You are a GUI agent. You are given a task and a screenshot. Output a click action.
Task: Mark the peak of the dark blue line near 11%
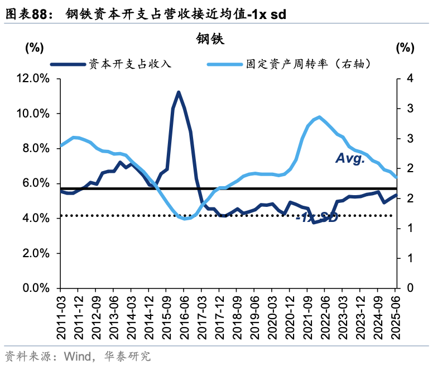pos(179,92)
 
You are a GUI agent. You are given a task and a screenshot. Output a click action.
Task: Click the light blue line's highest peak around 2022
pos(319,117)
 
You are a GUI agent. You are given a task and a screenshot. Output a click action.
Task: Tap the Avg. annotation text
pos(350,159)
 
